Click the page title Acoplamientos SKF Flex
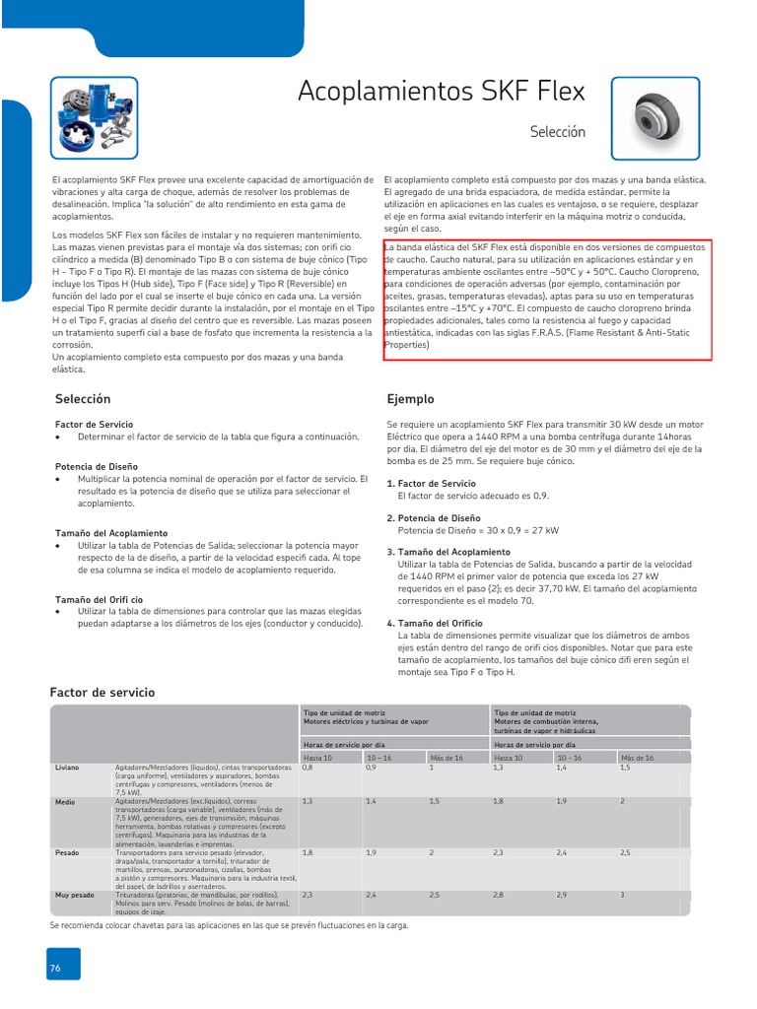click(441, 92)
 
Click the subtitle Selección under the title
click(557, 131)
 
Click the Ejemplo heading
click(410, 399)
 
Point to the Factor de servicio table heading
click(103, 693)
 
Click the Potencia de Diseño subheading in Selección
click(97, 465)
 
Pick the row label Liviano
click(68, 767)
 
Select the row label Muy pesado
click(75, 895)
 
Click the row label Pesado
click(68, 851)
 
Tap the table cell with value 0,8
click(308, 767)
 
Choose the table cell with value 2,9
click(563, 895)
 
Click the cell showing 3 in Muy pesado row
click(622, 895)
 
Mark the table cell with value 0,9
click(372, 767)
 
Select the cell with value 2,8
click(499, 895)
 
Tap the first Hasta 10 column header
click(318, 757)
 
